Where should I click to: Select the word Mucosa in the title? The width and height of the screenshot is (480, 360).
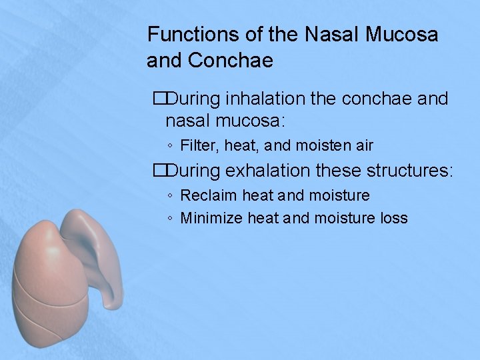point(402,34)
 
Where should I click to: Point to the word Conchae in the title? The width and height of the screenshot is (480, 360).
point(231,61)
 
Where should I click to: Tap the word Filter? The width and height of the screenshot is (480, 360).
point(197,145)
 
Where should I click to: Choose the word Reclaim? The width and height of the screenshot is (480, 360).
point(209,195)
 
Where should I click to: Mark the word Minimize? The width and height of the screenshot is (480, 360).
point(211,218)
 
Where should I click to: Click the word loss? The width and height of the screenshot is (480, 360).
point(393,218)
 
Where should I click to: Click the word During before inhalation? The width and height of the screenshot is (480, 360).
point(193,99)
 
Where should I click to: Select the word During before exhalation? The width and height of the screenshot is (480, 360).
point(193,171)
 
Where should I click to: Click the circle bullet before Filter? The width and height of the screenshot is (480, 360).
point(171,146)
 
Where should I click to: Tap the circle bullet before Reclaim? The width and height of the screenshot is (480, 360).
point(171,196)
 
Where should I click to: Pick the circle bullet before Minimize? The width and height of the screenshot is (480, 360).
point(171,219)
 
